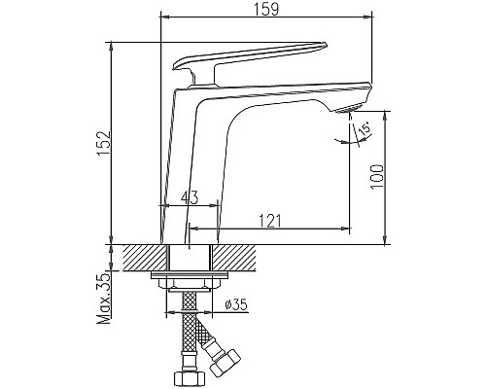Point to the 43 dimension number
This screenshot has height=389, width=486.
188,197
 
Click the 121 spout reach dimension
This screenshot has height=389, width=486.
272,221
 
